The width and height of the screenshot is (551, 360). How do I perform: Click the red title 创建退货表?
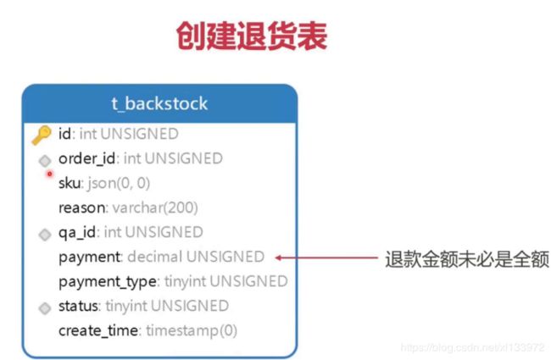(252, 36)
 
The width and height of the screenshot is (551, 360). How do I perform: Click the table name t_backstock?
(159, 103)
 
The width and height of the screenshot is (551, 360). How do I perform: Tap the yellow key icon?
(42, 136)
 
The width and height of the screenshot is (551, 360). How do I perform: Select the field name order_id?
(86, 158)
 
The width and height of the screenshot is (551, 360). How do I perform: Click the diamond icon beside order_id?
(45, 161)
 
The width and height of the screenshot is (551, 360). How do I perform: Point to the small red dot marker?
(49, 174)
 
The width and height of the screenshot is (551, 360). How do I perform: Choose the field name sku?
(70, 183)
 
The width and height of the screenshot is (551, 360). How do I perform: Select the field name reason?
(82, 208)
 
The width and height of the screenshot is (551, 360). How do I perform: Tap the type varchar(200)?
(155, 208)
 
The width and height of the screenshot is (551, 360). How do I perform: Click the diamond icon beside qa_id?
(45, 235)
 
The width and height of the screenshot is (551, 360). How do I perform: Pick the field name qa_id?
(77, 232)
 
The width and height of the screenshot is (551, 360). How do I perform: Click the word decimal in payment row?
(155, 257)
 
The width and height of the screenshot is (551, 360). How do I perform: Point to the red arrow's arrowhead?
(278, 258)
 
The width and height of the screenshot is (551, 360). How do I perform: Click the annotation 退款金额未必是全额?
(467, 259)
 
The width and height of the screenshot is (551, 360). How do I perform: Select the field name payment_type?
(107, 282)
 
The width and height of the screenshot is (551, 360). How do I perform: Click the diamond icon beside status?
(45, 308)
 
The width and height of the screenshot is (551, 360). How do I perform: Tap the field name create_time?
(98, 330)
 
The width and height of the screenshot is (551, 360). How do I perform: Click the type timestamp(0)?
(192, 330)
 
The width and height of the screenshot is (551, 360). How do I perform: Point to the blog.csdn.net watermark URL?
(473, 347)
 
